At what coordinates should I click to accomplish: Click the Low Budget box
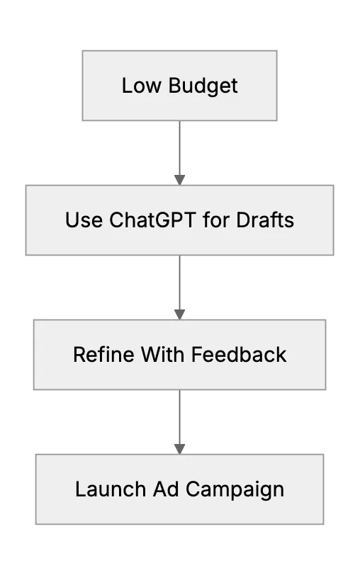pos(179,86)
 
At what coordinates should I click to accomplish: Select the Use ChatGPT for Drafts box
pos(179,220)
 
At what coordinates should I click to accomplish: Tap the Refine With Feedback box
pos(179,355)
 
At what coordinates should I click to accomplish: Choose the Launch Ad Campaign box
pos(179,489)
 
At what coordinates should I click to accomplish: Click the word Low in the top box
pos(141,86)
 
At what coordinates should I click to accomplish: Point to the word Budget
pos(203,86)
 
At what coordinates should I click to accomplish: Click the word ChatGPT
pos(152,220)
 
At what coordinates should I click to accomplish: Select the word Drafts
pos(265,220)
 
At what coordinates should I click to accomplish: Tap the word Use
pos(84,220)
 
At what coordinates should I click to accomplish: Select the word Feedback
pos(239,355)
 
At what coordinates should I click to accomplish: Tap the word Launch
pos(111,489)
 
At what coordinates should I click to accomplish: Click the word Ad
pos(166,489)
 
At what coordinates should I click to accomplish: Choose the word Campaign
pos(235,490)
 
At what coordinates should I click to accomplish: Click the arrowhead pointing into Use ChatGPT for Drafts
pos(179,180)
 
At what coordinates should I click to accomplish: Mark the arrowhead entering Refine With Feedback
pos(179,314)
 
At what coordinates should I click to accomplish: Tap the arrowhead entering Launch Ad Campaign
pos(179,449)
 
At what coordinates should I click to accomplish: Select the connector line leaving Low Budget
pos(179,153)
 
